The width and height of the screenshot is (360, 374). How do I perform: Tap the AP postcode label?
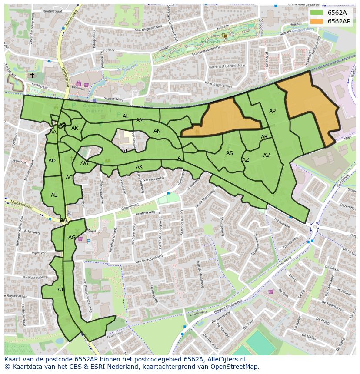272,111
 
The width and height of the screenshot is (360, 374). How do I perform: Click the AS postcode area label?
230,153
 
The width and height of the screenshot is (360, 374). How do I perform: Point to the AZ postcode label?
246,160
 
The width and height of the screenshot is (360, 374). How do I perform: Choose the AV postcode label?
267,156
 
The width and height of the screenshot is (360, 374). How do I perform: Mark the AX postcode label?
139,167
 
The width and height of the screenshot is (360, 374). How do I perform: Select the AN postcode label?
157,131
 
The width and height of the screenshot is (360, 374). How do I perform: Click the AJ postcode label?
60,289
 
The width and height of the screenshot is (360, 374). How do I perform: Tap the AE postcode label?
54,195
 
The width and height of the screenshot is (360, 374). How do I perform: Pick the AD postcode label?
52,161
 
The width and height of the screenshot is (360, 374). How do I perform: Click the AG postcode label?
72,238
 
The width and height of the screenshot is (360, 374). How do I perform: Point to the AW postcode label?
84,163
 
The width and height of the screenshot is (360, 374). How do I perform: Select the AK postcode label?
75,128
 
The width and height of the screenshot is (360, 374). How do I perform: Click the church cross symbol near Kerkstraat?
32,75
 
